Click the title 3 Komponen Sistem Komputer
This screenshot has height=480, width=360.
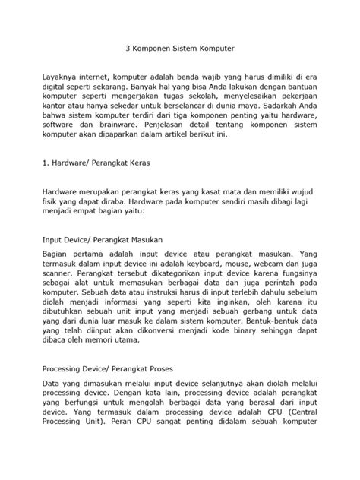point(180,46)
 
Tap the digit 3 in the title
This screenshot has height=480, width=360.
point(127,46)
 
